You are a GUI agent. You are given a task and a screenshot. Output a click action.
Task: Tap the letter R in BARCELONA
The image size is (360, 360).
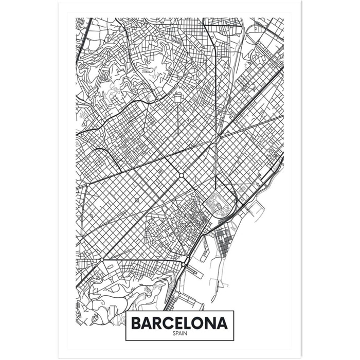coord(159,323)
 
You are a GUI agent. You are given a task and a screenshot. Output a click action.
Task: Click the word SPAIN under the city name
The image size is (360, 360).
coord(179,333)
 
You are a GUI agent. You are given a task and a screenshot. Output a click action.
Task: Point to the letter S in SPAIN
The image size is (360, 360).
coord(174,333)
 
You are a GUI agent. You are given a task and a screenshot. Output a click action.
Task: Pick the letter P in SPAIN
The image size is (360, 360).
coord(177,333)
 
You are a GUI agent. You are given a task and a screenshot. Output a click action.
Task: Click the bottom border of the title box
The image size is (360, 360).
coord(179,340)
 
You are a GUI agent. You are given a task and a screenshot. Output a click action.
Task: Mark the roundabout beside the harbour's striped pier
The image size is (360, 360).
coord(183,264)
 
